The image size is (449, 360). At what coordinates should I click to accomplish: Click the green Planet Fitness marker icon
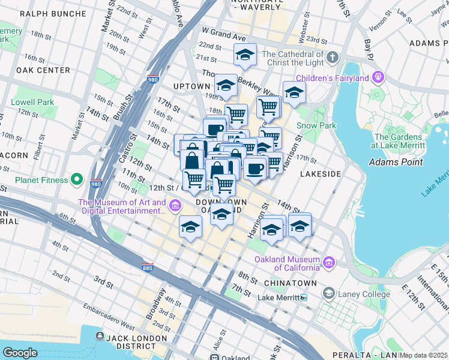(76, 179)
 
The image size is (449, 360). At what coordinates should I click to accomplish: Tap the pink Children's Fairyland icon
(378, 77)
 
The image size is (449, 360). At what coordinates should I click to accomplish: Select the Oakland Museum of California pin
(328, 262)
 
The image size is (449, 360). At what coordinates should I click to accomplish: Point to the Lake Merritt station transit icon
(304, 298)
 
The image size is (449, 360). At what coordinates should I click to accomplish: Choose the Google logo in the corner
(20, 352)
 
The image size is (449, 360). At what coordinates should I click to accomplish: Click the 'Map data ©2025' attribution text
(423, 355)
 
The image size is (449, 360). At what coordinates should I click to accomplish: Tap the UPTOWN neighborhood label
(191, 86)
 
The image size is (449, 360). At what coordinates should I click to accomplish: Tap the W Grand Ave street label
(224, 33)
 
